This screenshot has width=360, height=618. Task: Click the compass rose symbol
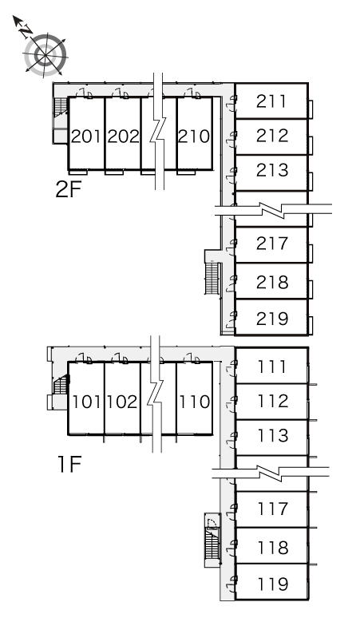tap(45, 54)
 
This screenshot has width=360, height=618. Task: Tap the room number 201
tap(86, 137)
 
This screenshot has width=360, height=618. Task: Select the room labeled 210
tap(194, 137)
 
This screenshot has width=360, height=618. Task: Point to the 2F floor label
tap(68, 189)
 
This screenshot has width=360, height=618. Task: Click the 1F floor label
tap(69, 464)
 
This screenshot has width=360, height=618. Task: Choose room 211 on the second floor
tap(271, 101)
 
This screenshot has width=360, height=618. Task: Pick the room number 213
tap(272, 170)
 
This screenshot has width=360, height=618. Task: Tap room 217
tap(272, 244)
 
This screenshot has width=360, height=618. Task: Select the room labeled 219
tap(272, 319)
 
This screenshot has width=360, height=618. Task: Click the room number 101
tap(87, 402)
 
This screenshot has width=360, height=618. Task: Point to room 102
tap(122, 402)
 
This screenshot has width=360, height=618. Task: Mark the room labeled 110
tap(195, 402)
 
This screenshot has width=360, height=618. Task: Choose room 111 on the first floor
tap(271, 367)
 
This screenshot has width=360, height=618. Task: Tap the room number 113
tap(273, 435)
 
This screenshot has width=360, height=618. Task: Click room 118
tap(273, 548)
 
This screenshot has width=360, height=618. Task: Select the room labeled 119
tap(273, 584)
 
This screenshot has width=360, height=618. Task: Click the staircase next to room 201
tap(60, 106)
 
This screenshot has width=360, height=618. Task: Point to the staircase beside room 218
tap(212, 278)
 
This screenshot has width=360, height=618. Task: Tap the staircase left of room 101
tap(61, 385)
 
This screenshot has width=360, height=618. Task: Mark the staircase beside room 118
tap(212, 543)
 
